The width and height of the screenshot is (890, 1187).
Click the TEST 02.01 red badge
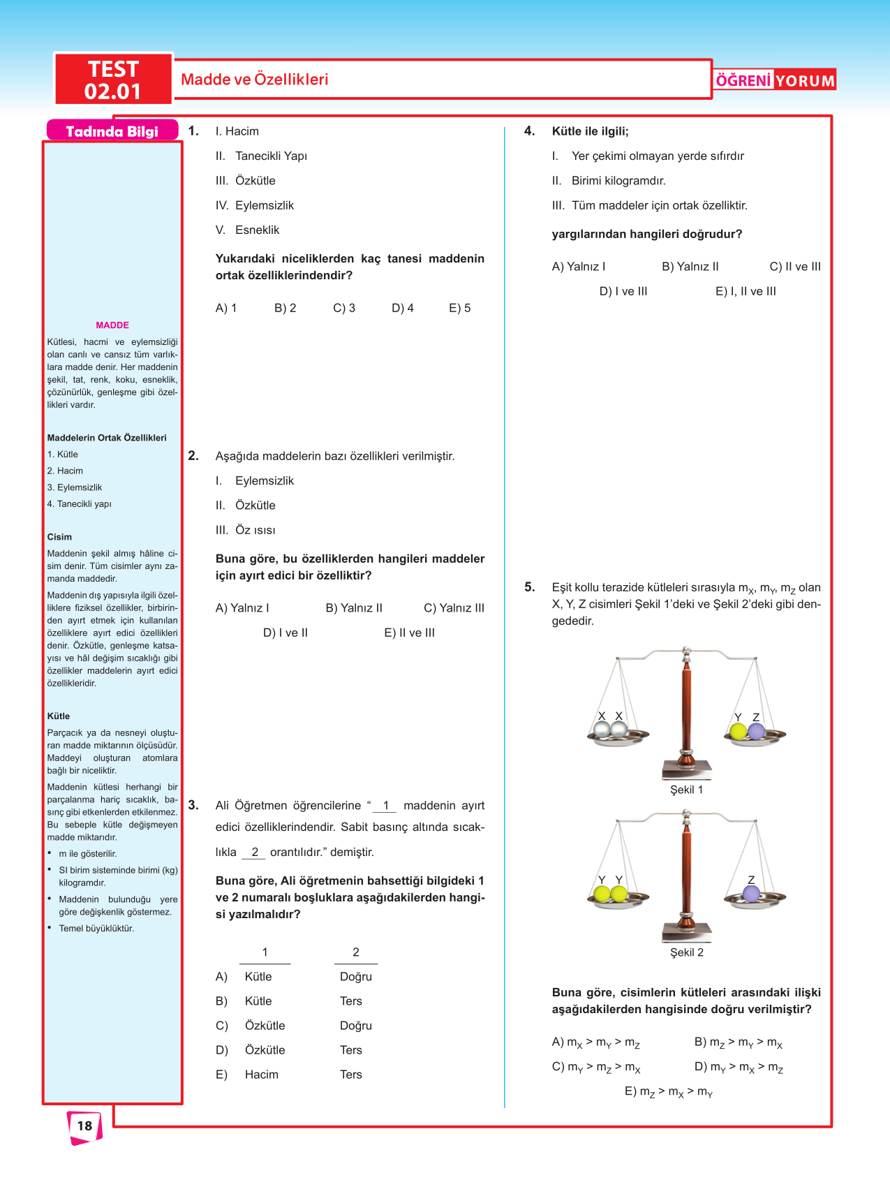[113, 80]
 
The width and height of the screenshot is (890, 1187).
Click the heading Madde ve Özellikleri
[254, 80]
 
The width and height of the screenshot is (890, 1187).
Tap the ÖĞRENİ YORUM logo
[775, 80]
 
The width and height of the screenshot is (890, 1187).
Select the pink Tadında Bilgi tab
[112, 131]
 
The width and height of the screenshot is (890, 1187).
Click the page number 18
[84, 1126]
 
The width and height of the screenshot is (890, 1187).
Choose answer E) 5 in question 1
[459, 308]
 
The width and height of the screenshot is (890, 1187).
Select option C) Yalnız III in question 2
[454, 608]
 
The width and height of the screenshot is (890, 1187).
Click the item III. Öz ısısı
[246, 530]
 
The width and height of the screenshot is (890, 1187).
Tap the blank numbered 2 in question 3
[255, 852]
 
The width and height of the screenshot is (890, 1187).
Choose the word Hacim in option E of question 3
[261, 1075]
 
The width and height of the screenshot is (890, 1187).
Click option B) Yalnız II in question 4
[690, 267]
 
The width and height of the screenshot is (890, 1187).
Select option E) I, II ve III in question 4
[746, 291]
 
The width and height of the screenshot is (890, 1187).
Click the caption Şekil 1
[686, 790]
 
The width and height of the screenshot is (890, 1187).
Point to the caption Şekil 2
[686, 952]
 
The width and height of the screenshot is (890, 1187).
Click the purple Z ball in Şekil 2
[751, 893]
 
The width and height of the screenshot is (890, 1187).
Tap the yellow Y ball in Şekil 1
[738, 731]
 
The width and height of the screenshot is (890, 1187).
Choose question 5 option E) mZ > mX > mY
[668, 1092]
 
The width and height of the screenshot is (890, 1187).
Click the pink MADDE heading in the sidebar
[112, 325]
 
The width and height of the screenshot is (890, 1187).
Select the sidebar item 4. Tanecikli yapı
[80, 504]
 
